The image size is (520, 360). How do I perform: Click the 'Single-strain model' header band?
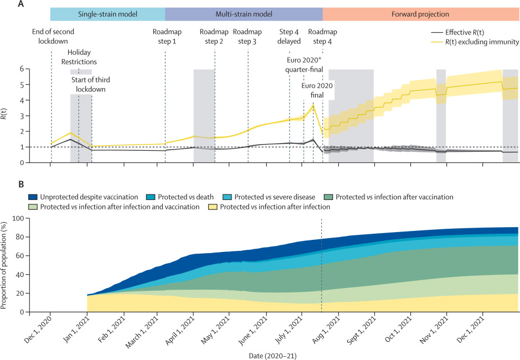(x=107, y=14)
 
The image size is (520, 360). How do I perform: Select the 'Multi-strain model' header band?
(x=244, y=14)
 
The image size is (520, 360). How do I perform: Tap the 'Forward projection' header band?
(x=421, y=14)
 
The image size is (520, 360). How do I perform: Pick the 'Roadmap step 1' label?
(x=165, y=36)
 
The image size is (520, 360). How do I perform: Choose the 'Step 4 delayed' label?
(x=289, y=36)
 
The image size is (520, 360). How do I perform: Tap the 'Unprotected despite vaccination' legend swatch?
(x=33, y=197)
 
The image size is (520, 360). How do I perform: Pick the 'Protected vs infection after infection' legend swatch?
(x=213, y=207)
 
